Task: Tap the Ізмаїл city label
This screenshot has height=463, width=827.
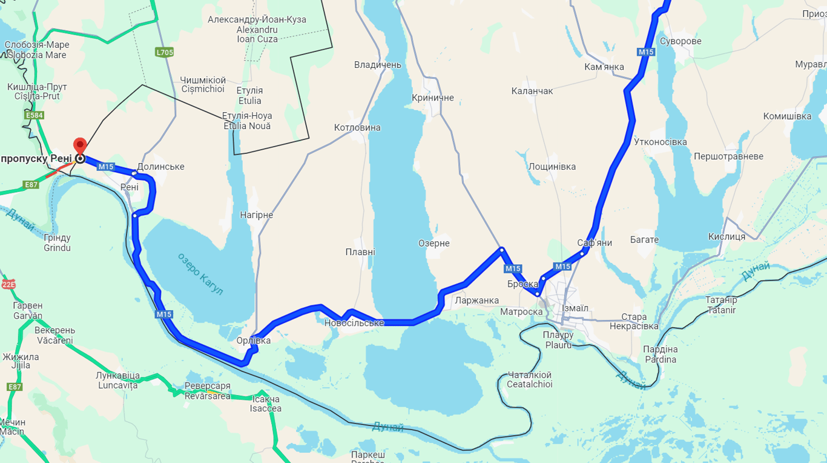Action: (575, 308)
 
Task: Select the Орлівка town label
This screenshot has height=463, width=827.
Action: (254, 341)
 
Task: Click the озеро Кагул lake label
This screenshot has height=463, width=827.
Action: (200, 274)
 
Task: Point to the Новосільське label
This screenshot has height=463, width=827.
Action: (354, 323)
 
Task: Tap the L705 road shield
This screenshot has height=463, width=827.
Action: (164, 52)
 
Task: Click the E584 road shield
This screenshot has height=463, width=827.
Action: (35, 115)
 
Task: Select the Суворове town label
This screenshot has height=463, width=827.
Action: (680, 41)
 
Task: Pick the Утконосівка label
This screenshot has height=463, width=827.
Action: (660, 142)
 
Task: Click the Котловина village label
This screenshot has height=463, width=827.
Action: (357, 127)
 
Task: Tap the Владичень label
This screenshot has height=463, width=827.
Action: (378, 64)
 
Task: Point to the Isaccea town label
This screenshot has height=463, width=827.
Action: (265, 408)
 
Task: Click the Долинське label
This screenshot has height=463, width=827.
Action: (160, 167)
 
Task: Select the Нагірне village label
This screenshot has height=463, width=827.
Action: (256, 215)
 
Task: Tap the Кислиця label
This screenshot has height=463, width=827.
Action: (727, 236)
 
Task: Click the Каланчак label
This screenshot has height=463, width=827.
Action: (532, 91)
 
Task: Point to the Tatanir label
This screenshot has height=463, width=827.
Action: (720, 310)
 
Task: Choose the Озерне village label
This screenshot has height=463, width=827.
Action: (433, 243)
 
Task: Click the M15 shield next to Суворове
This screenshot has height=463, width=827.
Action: (646, 52)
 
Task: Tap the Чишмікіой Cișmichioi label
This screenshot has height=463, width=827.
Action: (203, 85)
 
